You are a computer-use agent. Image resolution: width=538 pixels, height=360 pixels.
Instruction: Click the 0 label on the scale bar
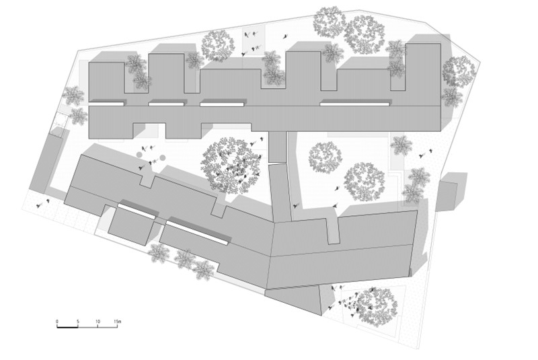pos(57,322)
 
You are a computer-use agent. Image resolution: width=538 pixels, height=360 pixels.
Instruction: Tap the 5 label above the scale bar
pos(78,322)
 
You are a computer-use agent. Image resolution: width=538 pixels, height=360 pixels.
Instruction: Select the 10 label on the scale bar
pos(98,322)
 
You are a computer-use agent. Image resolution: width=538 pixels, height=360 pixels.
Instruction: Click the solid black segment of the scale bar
pos(67,328)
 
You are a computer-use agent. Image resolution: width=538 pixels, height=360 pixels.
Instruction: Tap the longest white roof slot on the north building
pos(354,104)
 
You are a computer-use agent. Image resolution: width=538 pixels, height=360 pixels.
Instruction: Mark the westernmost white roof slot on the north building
pos(107,103)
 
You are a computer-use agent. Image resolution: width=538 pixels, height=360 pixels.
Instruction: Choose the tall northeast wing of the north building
pos(423,74)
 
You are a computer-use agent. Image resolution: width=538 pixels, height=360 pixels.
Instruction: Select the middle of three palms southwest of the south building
pos(184,260)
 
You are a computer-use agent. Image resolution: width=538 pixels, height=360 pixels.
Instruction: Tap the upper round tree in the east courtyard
pos(325,157)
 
